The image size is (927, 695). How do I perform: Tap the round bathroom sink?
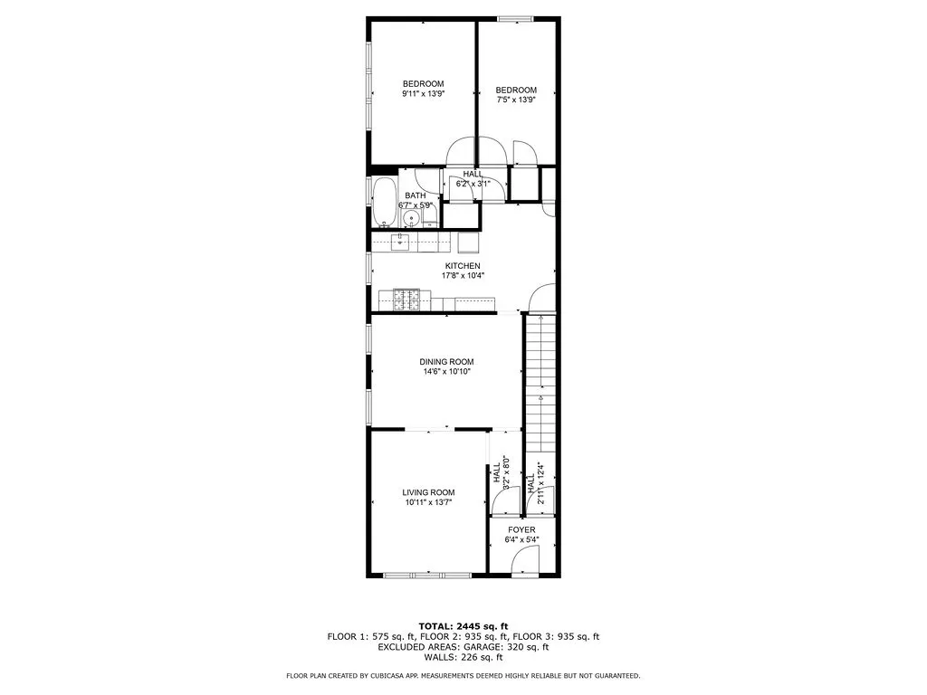(410, 218)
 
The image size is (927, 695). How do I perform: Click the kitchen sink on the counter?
(400, 241)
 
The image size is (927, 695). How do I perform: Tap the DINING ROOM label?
(446, 362)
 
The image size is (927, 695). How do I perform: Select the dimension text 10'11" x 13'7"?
(428, 502)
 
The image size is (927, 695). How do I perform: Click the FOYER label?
(521, 530)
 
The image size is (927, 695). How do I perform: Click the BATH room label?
(416, 195)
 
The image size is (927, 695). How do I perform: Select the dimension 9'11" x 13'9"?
(423, 93)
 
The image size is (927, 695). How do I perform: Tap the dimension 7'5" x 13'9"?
(516, 100)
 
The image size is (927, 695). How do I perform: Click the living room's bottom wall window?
(426, 575)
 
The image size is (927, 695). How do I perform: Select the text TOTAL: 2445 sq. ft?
(463, 626)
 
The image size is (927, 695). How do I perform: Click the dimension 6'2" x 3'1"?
(473, 184)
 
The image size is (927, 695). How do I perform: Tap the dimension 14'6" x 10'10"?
(446, 371)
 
